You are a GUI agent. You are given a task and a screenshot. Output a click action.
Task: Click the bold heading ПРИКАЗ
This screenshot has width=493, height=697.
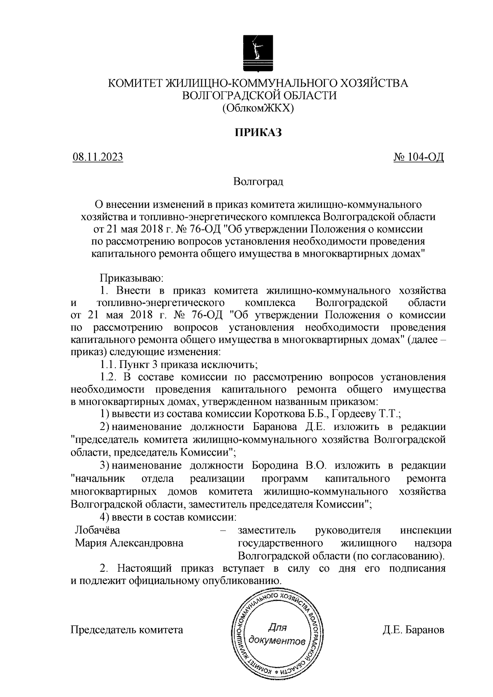coord(258,133)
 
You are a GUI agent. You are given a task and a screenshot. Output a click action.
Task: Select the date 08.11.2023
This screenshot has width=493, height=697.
coord(97,157)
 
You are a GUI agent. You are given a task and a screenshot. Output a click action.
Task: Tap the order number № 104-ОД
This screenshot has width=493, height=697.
coord(419,157)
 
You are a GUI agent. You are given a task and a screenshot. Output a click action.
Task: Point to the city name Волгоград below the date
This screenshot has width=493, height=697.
coord(258,181)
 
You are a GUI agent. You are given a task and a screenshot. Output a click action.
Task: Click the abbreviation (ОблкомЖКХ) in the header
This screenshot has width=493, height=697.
coord(258,108)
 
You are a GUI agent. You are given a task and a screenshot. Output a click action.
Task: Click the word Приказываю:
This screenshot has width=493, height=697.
coord(132,278)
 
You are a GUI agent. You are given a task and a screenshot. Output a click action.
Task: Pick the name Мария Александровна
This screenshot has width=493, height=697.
coord(129,543)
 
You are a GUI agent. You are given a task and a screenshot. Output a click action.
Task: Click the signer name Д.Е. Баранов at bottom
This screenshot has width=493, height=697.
coord(413,630)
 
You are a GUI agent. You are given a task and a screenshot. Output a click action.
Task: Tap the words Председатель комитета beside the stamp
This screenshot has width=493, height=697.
coord(127,630)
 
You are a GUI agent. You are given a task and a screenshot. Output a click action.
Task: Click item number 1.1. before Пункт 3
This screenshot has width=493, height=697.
coord(108,364)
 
